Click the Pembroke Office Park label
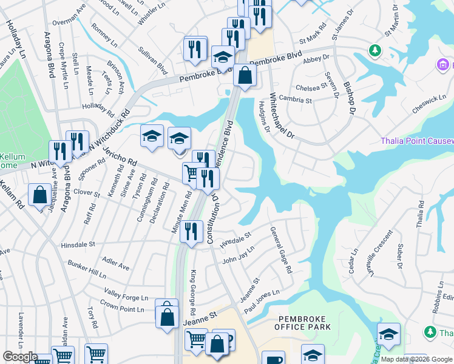coord(303,323)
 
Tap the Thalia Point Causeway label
coord(417,141)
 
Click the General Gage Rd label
coord(281,249)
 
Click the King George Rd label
coord(193,293)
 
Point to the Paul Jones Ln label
coord(262,301)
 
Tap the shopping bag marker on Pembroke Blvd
coord(245,76)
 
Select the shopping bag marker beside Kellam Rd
coord(39,196)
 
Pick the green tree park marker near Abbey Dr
coord(376,49)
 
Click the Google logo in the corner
coord(19,357)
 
